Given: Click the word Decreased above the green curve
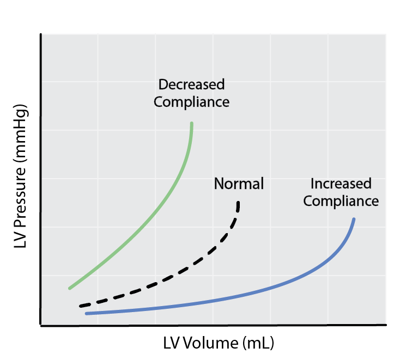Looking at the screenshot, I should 191,84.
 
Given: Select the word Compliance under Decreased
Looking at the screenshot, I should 191,102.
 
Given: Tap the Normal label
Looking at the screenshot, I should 239,184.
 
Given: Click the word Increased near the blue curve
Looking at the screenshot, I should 341,184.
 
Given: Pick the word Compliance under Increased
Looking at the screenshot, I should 341,201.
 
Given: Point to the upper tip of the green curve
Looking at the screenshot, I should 192,123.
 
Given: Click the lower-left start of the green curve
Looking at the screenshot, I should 69,288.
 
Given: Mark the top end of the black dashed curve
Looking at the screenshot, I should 238,203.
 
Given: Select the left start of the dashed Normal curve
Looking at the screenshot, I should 80,306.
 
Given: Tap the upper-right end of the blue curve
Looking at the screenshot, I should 354,219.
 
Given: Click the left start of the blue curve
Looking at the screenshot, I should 86,313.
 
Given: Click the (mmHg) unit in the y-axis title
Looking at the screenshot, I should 20,133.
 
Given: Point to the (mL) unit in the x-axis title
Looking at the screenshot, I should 258,344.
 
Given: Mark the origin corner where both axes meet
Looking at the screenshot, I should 41,326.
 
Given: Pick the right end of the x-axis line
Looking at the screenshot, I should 386,326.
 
